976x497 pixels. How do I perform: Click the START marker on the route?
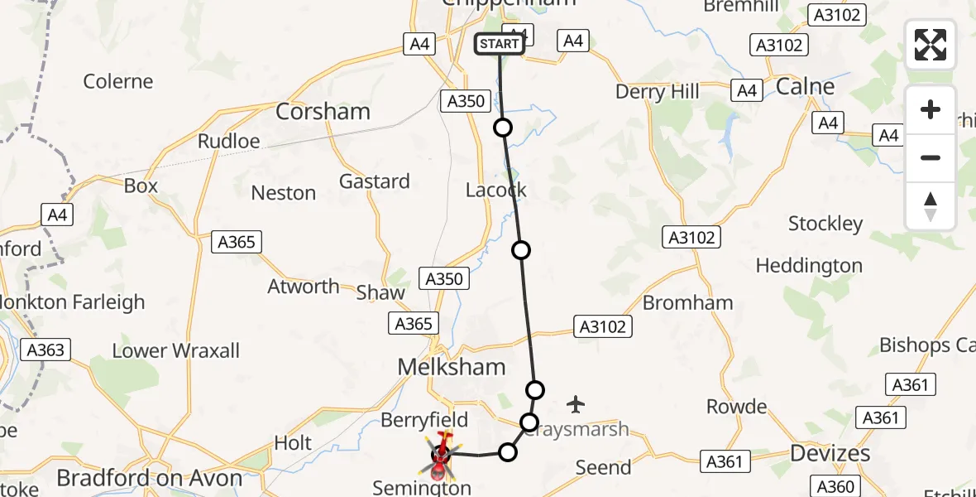(500, 44)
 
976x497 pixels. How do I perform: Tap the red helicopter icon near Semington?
(441, 453)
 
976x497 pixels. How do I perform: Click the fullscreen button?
(931, 45)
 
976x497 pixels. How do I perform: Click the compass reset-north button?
(931, 206)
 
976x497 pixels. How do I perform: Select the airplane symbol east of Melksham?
(576, 404)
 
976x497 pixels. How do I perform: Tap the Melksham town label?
(452, 366)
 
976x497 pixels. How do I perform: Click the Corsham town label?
(323, 112)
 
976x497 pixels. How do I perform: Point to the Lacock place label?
(496, 190)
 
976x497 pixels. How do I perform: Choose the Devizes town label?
(830, 453)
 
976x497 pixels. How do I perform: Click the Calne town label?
(805, 86)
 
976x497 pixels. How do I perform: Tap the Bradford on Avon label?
(150, 478)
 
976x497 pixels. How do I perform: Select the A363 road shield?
(45, 350)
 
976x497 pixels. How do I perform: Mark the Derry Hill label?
(657, 91)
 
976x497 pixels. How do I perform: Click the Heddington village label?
(809, 266)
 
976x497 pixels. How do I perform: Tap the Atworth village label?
(304, 287)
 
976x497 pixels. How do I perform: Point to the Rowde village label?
(736, 407)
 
